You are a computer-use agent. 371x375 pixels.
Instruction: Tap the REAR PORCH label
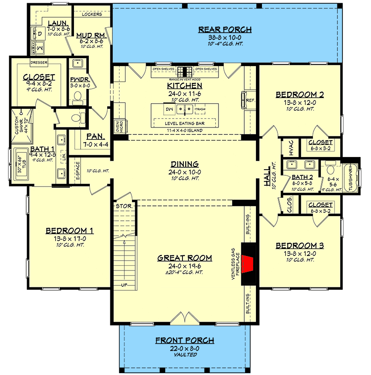[225, 30]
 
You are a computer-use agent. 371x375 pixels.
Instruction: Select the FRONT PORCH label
[186, 340]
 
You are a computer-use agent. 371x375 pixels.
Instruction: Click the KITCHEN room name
[184, 86]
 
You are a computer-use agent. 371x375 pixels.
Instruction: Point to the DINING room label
[184, 164]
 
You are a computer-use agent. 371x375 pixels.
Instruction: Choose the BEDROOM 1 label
[70, 231]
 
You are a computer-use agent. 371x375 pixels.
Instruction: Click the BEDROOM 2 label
[300, 94]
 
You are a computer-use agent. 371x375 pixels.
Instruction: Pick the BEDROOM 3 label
[300, 246]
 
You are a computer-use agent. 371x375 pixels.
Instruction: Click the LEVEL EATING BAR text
[184, 122]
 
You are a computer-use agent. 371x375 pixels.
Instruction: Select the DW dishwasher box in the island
[169, 110]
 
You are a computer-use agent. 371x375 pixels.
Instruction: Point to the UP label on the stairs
[124, 285]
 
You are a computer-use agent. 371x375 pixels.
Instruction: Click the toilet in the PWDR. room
[78, 97]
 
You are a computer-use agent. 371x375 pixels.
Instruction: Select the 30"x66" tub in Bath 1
[22, 164]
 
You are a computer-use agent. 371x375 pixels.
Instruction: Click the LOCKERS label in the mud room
[92, 14]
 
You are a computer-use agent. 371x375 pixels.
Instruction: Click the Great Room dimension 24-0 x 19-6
[184, 266]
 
